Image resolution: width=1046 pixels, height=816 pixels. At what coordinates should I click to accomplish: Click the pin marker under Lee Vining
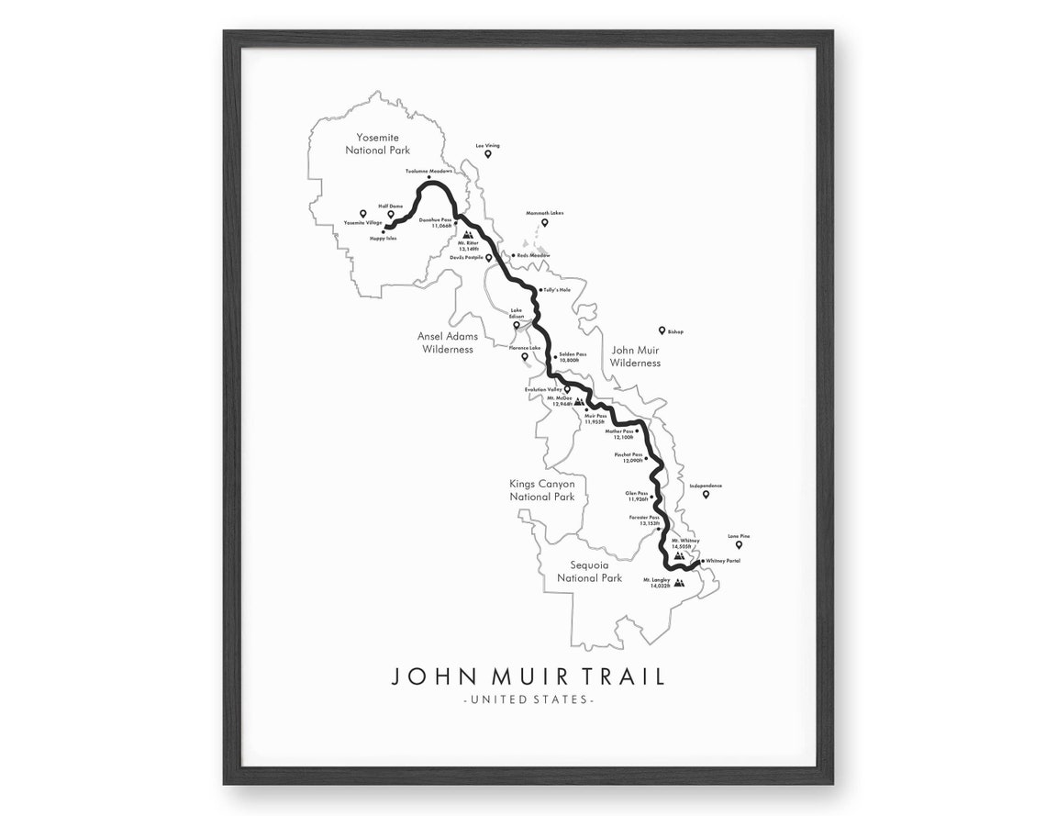[488, 154]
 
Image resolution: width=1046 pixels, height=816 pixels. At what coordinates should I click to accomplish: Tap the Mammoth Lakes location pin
[544, 222]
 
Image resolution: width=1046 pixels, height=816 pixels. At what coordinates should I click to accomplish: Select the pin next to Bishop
[661, 330]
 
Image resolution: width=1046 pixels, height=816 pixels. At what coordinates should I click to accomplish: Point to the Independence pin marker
[706, 495]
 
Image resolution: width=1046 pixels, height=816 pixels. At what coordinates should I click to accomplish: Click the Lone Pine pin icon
[739, 545]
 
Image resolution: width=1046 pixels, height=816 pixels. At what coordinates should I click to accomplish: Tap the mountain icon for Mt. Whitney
[678, 556]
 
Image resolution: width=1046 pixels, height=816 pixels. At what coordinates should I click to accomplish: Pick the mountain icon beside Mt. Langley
[679, 583]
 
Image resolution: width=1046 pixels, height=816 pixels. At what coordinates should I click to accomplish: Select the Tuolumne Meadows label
[429, 171]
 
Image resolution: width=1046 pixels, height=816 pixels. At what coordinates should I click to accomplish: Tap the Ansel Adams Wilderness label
[448, 342]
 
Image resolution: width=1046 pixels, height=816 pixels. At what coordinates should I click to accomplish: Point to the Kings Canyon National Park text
[542, 490]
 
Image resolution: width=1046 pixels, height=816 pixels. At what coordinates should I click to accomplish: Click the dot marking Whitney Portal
[700, 561]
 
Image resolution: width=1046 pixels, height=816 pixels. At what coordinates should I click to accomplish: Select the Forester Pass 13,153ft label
[644, 520]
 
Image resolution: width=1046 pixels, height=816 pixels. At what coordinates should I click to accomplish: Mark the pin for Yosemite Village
[363, 213]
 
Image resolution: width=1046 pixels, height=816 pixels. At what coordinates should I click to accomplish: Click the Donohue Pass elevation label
[435, 223]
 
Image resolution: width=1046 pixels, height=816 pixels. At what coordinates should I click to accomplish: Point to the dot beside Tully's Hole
[542, 289]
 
